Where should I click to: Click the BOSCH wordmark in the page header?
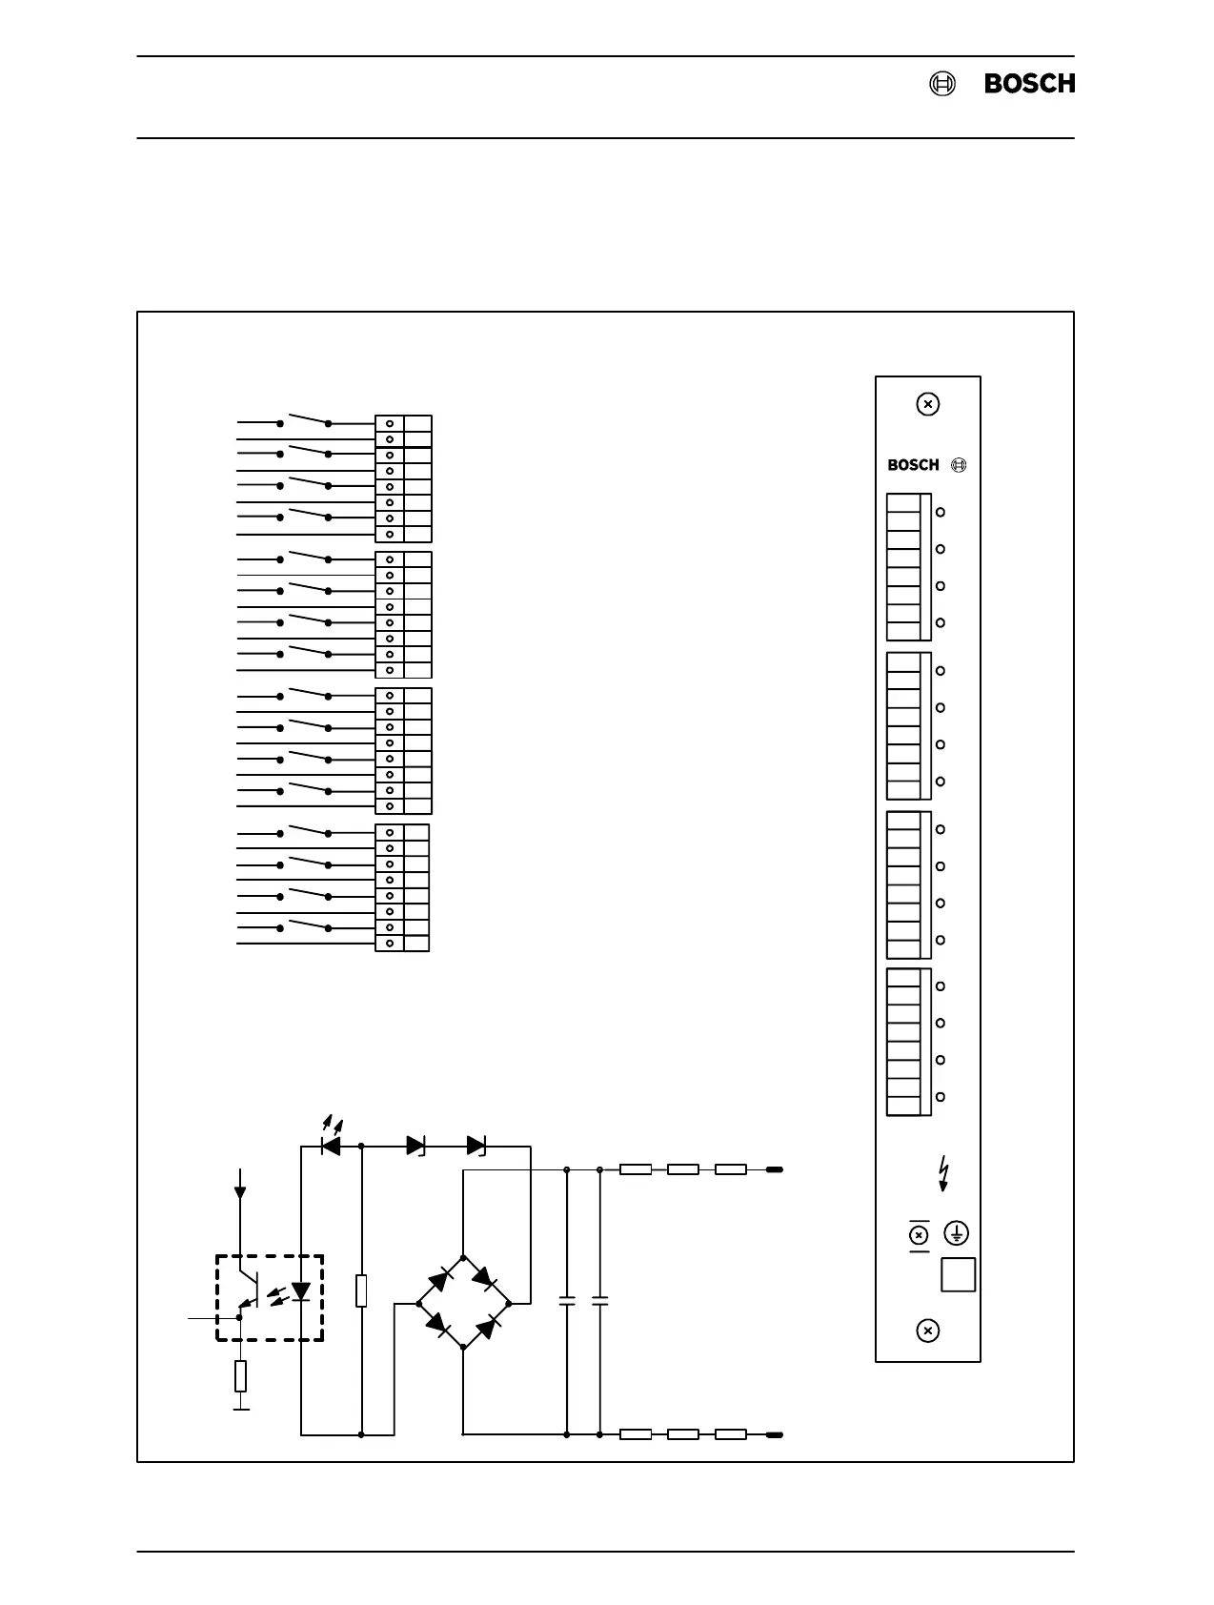pos(1029,84)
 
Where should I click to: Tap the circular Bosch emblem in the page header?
pos(941,84)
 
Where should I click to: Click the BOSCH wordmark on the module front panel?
pos(913,465)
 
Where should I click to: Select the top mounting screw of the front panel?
pos(927,404)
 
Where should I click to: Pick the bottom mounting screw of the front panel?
pos(927,1331)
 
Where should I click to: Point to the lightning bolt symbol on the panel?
pos(943,1173)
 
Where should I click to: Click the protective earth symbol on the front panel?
pos(956,1233)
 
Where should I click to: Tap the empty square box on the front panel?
pos(958,1274)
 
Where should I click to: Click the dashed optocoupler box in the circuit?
pos(270,1297)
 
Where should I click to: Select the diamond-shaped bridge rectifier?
pos(463,1302)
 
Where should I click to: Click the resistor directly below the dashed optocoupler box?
pos(241,1375)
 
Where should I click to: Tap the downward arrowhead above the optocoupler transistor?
pos(239,1191)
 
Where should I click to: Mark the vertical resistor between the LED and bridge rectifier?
pos(361,1290)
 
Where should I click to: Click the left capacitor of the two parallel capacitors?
pos(567,1300)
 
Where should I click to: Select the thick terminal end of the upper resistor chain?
pos(775,1169)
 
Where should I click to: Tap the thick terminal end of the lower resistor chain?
pos(775,1433)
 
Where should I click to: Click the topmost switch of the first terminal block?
pos(304,419)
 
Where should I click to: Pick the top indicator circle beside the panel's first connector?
pos(941,512)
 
